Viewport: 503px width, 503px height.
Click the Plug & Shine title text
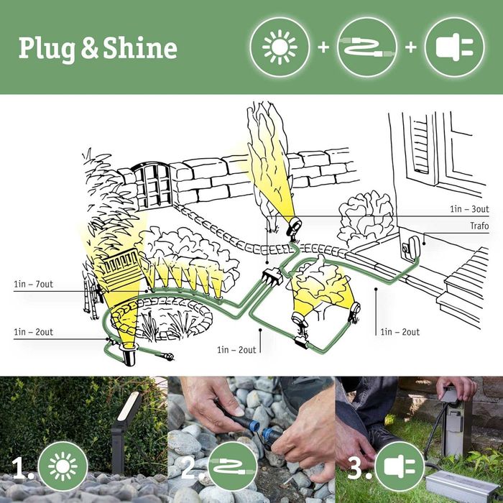pyautogui.click(x=98, y=48)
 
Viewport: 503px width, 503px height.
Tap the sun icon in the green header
pyautogui.click(x=280, y=47)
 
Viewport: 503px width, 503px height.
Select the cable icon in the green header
pyautogui.click(x=366, y=47)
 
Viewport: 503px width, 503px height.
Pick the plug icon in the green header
pyautogui.click(x=454, y=47)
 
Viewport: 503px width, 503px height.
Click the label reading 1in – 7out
pyautogui.click(x=33, y=285)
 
